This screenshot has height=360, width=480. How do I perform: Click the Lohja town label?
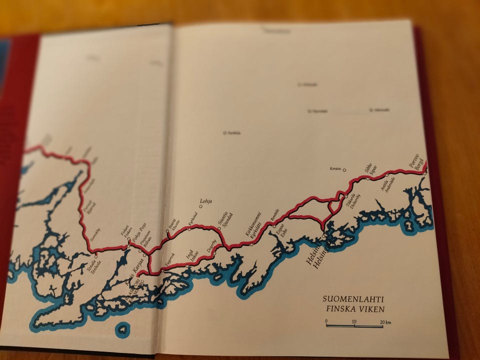(206, 201)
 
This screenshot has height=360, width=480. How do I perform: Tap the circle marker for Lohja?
(201, 206)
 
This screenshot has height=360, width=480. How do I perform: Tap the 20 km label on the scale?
(384, 322)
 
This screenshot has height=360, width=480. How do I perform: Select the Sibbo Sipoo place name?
(370, 169)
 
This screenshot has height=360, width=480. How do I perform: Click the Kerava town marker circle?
(344, 170)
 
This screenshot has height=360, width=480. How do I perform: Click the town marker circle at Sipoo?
(368, 178)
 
